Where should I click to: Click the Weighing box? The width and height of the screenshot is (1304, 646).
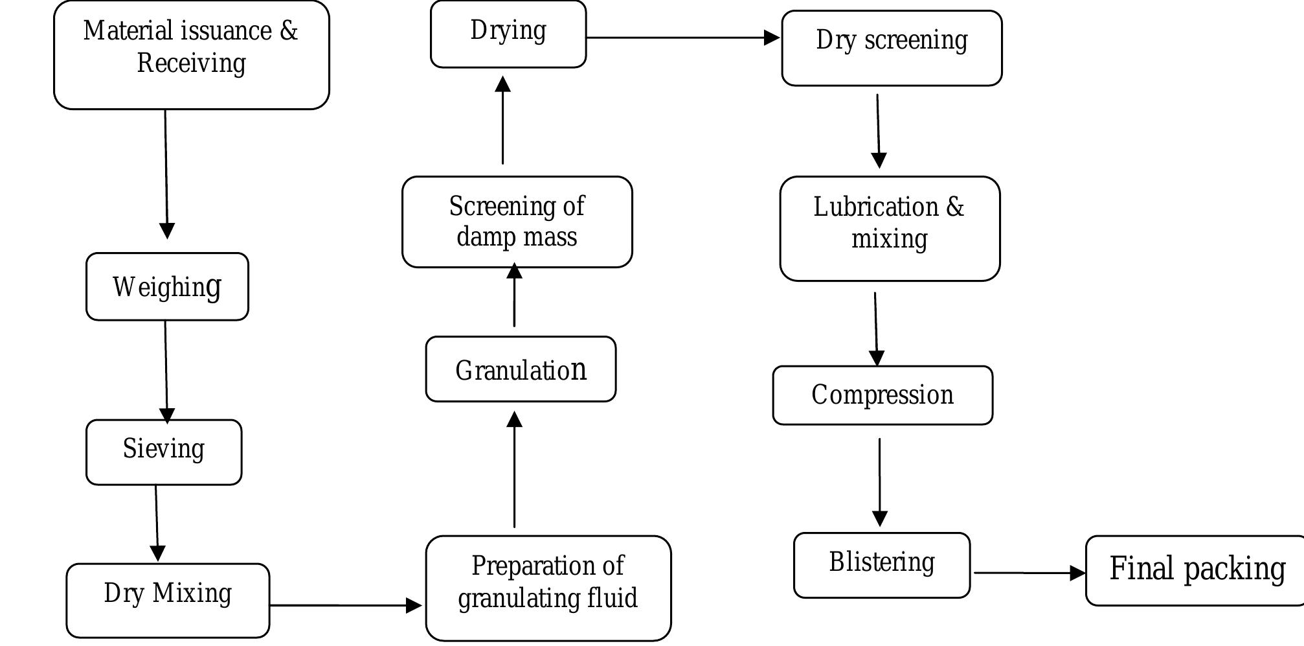tap(167, 286)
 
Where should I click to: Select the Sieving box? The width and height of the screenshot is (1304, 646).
tap(164, 452)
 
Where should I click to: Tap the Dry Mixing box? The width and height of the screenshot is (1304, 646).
tap(168, 600)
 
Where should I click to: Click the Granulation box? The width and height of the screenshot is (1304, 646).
tap(521, 369)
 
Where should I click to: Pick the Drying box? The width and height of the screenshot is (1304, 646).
tap(508, 34)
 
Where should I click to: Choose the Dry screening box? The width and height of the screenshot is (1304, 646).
tap(892, 47)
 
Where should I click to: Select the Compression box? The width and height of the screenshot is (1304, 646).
tap(882, 395)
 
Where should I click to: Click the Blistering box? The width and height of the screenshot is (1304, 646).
tap(881, 565)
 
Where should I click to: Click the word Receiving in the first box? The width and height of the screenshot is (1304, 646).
tap(192, 63)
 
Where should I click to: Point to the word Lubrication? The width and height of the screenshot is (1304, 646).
tap(875, 207)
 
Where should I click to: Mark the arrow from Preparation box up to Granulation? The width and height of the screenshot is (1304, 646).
tap(514, 469)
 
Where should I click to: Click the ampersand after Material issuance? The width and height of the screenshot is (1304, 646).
tap(289, 31)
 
